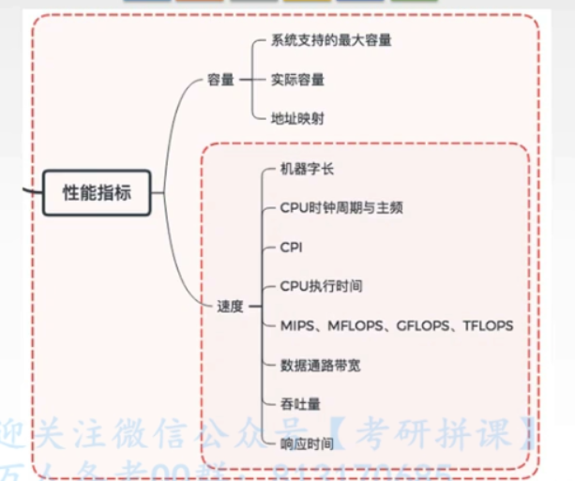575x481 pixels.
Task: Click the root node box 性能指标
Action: click(97, 193)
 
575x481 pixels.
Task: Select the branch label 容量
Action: click(220, 80)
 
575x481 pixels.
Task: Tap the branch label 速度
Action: click(230, 306)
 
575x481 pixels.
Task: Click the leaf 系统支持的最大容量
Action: click(331, 41)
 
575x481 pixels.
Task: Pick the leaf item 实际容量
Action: click(298, 80)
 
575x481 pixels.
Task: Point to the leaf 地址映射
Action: click(298, 118)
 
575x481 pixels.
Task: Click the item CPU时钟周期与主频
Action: click(341, 208)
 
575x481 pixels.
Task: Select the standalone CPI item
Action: click(292, 247)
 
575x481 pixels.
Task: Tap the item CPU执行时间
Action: click(321, 286)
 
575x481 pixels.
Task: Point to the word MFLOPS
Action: click(357, 325)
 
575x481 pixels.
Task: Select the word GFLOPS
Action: click(424, 325)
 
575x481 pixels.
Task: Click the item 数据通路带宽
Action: click(320, 364)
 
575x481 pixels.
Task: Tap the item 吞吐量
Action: click(300, 403)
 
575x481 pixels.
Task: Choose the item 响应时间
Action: click(307, 443)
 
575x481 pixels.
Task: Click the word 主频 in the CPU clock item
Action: click(390, 208)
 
